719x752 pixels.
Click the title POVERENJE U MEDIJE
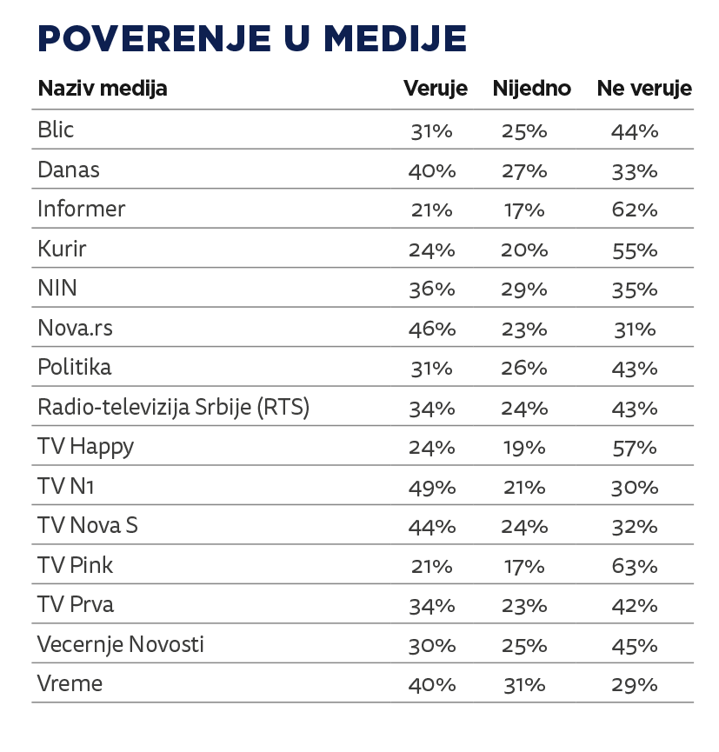coord(252,39)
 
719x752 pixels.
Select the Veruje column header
coord(435,89)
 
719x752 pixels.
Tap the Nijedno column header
coord(531,89)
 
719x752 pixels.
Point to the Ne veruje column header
coord(643,89)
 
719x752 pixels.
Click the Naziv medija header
coord(103,89)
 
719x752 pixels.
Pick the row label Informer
coord(82,210)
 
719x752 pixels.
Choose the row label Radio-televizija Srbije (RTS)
coord(174,408)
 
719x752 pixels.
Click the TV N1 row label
coord(65,487)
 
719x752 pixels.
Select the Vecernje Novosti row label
coord(121,645)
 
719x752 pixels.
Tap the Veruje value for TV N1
coord(432,488)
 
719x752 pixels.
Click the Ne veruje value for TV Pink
coord(634,567)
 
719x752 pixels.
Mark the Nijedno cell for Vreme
coord(524,685)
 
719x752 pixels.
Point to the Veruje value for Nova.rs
coord(432,329)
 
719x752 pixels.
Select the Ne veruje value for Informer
coord(634,210)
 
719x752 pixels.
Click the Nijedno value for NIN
coord(524,289)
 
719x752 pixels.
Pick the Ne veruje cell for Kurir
coord(634,250)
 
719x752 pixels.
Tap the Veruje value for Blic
coord(432,131)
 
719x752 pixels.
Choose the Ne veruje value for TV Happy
coord(634,448)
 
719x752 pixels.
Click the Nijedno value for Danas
coord(524,171)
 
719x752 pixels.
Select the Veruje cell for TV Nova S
coord(432,527)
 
